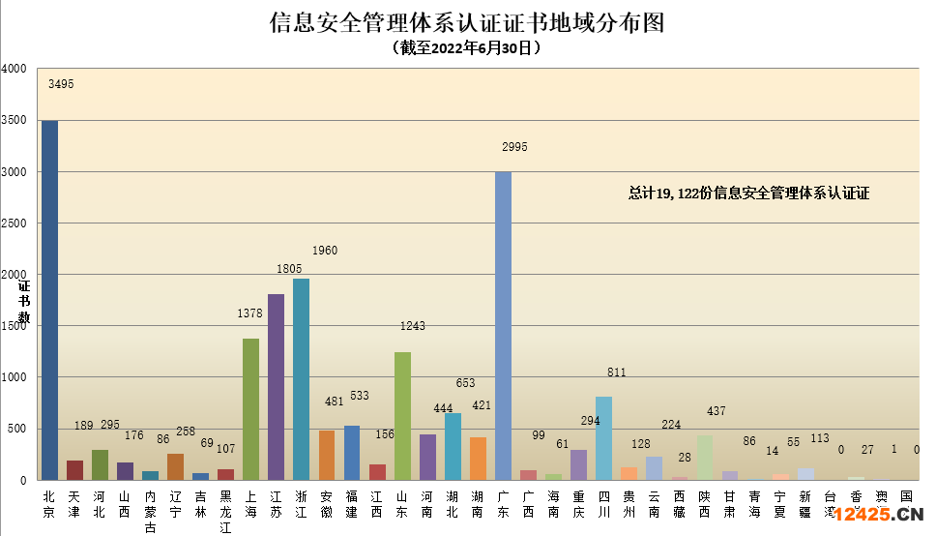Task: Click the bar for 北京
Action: click(x=49, y=300)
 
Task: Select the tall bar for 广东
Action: click(x=503, y=325)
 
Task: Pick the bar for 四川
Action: click(x=603, y=437)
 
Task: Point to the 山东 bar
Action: click(x=402, y=416)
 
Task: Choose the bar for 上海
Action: click(x=250, y=408)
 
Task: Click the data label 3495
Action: click(x=61, y=84)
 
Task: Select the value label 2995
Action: click(x=514, y=147)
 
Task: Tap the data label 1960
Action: click(x=325, y=251)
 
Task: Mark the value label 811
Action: click(x=616, y=372)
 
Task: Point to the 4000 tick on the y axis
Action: click(x=15, y=70)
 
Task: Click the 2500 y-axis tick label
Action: click(x=15, y=223)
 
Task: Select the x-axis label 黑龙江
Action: click(x=225, y=512)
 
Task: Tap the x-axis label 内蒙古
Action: click(x=150, y=512)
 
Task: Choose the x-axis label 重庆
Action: click(x=578, y=504)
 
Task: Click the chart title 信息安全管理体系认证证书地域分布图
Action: click(x=467, y=22)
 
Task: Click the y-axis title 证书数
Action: click(x=24, y=302)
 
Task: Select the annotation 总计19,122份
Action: click(x=748, y=194)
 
